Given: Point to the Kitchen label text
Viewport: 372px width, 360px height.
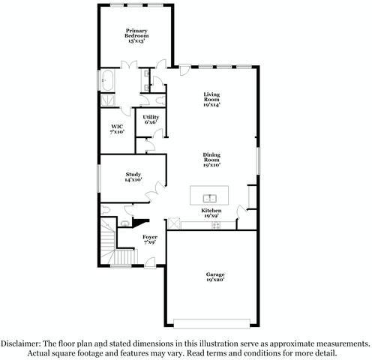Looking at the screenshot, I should click(x=211, y=211).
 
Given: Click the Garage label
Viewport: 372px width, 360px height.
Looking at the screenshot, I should click(x=215, y=274).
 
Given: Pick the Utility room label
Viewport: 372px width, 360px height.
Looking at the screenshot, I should click(x=151, y=117).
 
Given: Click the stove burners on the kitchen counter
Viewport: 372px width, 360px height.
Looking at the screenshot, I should click(x=216, y=223).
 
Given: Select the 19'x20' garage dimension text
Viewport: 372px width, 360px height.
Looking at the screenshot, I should click(x=215, y=280).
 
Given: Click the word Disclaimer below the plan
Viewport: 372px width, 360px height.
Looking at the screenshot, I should click(x=20, y=342).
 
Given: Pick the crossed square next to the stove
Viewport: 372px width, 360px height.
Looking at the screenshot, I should click(x=174, y=223).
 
